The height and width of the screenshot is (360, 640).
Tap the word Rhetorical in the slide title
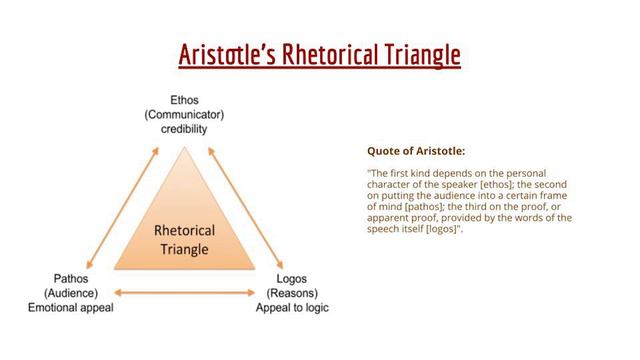(329, 55)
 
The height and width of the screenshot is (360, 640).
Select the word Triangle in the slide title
(421, 55)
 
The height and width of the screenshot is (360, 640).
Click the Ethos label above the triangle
(185, 100)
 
